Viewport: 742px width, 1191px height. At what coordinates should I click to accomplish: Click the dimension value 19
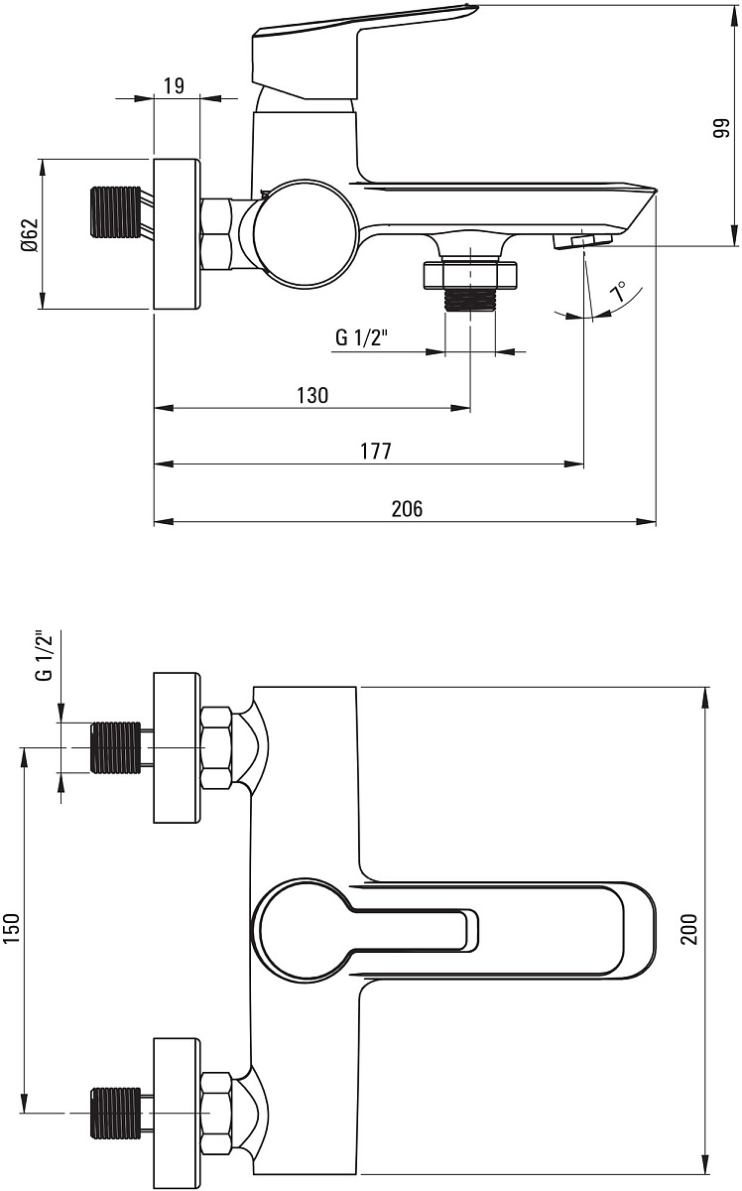pos(174,85)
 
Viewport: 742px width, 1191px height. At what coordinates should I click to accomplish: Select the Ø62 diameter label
pos(31,234)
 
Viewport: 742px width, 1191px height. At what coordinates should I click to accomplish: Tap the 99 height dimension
pos(721,128)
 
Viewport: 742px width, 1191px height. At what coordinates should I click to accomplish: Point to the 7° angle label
pos(619,292)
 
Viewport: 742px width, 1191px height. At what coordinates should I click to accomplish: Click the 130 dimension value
pos(312,396)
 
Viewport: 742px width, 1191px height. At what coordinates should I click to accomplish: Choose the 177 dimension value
pos(376,451)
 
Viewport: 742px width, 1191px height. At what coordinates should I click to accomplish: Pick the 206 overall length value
pos(407,509)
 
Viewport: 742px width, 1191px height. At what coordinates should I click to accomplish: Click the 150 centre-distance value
pos(12,928)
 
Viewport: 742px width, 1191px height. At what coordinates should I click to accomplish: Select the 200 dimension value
pos(688,929)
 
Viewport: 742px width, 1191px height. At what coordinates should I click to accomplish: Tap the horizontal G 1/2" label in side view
pos(362,337)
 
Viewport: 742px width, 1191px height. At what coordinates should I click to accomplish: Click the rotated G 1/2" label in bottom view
pos(45,656)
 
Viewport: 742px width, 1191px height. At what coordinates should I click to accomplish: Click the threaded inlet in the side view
pos(116,211)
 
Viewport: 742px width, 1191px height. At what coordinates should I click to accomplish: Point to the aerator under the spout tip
pos(582,241)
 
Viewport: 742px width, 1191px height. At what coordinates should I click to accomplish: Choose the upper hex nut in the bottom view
pos(217,747)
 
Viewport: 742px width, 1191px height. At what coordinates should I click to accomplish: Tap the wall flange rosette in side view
pos(177,234)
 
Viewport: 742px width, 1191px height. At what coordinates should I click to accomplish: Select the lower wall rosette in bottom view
pos(177,1113)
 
